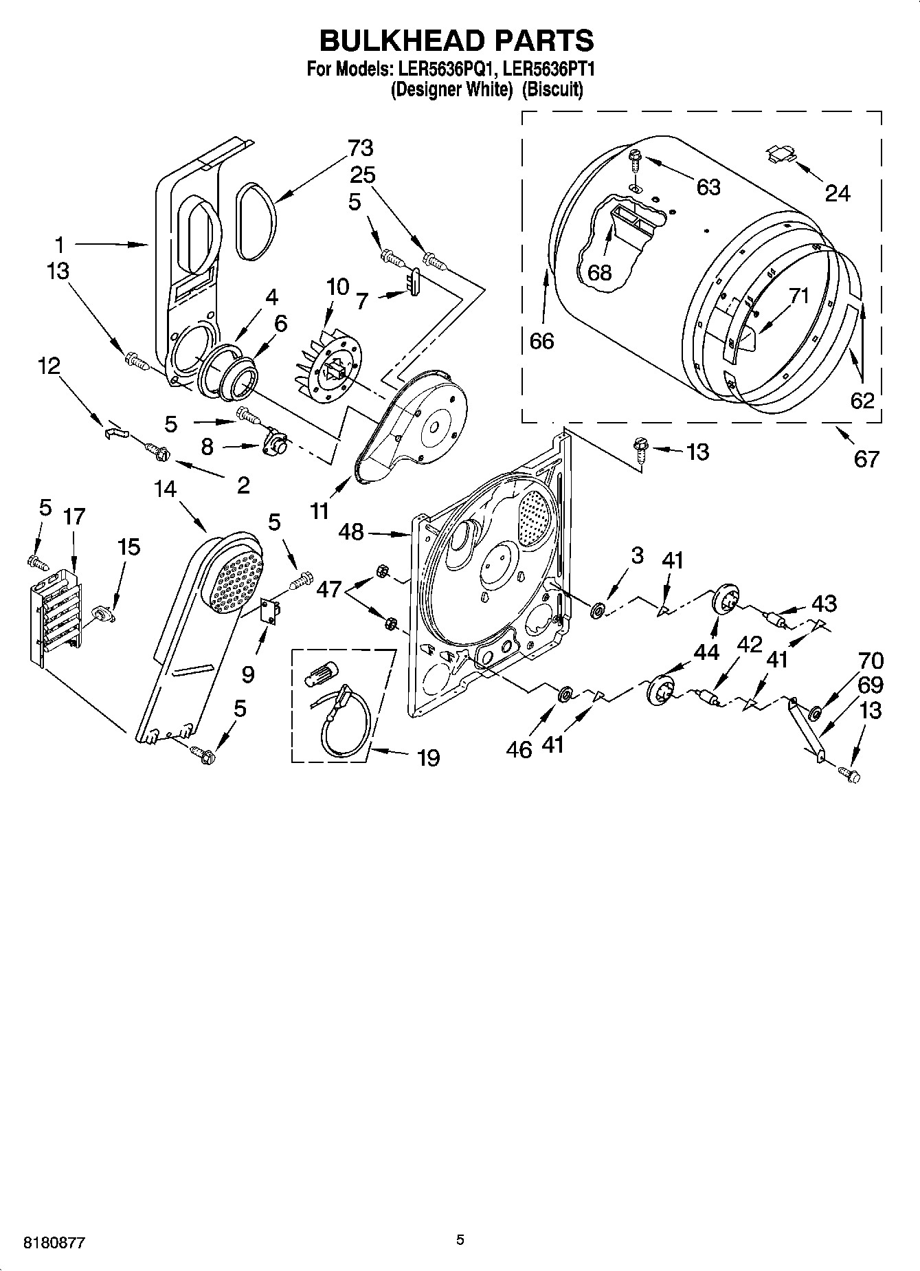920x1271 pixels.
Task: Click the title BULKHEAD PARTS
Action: pyautogui.click(x=456, y=41)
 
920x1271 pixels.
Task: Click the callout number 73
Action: pyautogui.click(x=360, y=148)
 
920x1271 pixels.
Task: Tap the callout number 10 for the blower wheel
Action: pyautogui.click(x=337, y=286)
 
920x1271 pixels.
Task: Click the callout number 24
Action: pyautogui.click(x=837, y=194)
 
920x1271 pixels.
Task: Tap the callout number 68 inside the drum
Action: pyautogui.click(x=600, y=272)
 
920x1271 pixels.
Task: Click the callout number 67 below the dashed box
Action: pyautogui.click(x=866, y=458)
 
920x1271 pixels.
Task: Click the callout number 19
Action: pyautogui.click(x=428, y=758)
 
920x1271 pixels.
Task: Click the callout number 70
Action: pyautogui.click(x=871, y=661)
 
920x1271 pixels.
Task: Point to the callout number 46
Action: pyautogui.click(x=519, y=749)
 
